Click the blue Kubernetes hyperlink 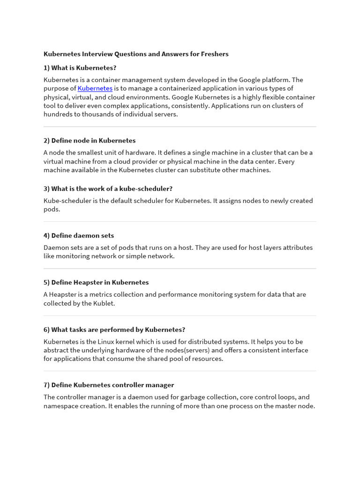point(95,88)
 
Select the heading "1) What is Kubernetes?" point(80,68)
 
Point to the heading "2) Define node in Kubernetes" point(90,141)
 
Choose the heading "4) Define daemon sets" point(79,235)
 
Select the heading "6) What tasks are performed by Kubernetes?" point(114,330)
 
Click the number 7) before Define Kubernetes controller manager point(47,385)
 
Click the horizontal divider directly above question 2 point(180,127)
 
